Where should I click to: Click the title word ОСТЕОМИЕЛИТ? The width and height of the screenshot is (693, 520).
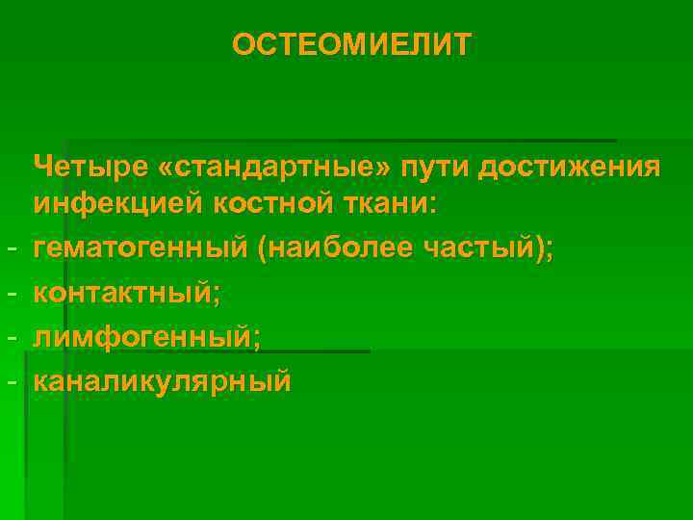click(351, 44)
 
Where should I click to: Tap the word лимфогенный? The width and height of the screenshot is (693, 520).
click(146, 335)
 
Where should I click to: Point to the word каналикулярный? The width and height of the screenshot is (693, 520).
click(162, 379)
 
